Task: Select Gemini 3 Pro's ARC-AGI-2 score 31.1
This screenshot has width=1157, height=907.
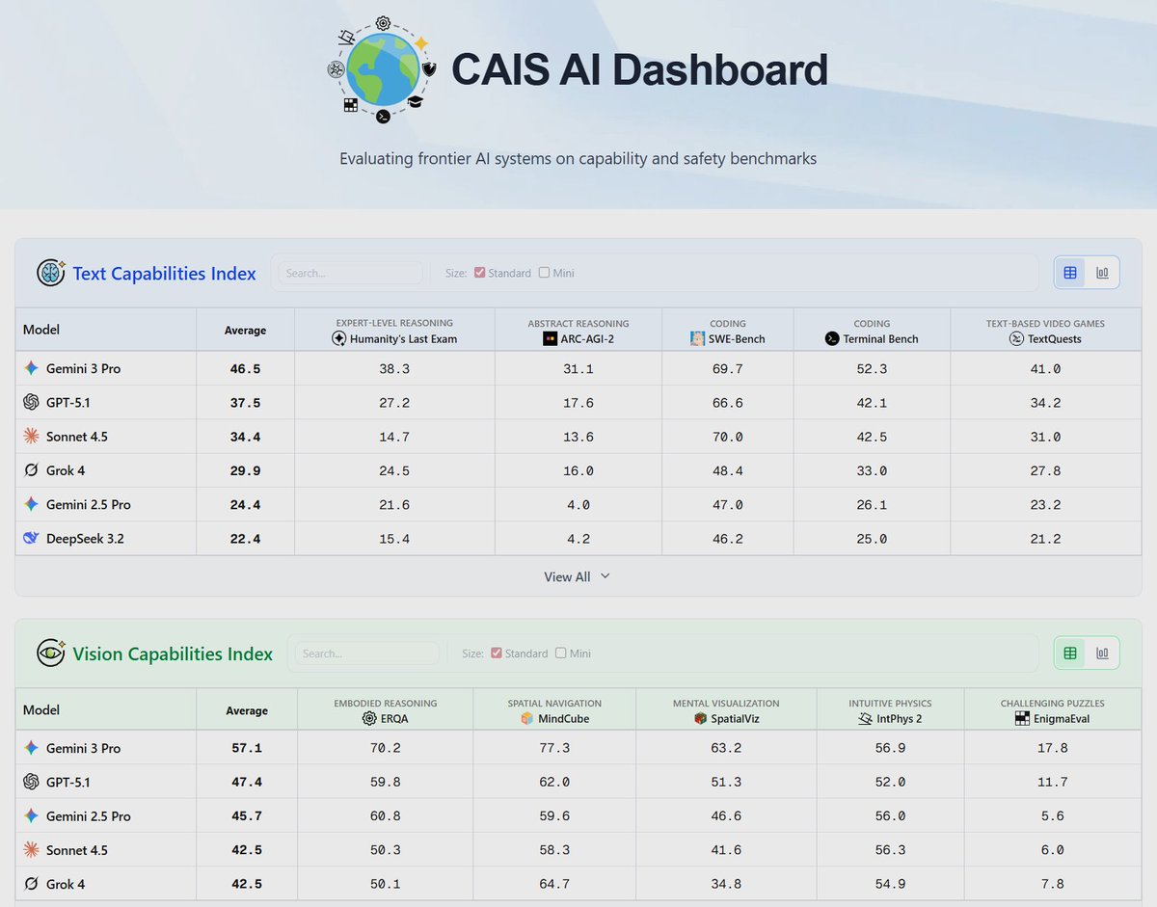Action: coord(578,369)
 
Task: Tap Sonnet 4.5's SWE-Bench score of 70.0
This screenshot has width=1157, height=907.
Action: coord(727,437)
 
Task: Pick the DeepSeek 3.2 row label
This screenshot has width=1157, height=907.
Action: coord(84,539)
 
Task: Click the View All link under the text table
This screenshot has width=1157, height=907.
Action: coord(577,576)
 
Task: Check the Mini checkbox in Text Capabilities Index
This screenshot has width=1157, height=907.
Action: coord(545,273)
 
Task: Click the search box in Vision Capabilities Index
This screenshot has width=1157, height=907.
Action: coord(366,654)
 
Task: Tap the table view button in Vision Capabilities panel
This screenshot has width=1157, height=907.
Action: coord(1070,654)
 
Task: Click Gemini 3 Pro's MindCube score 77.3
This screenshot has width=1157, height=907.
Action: coord(553,749)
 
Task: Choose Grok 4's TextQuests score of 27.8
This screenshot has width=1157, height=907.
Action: coord(1045,470)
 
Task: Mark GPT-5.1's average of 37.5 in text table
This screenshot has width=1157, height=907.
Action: coord(245,403)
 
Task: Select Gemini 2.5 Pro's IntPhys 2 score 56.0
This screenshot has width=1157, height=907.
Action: coord(889,816)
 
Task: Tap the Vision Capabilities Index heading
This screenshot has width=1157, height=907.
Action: coord(173,654)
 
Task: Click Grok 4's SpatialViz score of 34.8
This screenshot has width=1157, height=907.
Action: coord(726,884)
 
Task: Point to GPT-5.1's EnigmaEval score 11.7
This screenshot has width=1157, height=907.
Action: coord(1052,783)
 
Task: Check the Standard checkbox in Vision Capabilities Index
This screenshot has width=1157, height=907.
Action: coord(497,654)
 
